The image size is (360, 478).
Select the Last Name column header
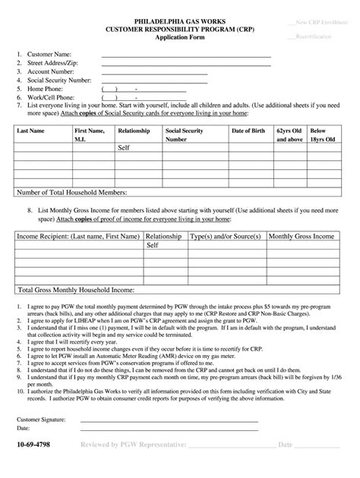30,131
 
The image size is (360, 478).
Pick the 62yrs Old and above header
289,135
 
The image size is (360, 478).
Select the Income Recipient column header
76,236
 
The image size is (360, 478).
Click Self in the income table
152,245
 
